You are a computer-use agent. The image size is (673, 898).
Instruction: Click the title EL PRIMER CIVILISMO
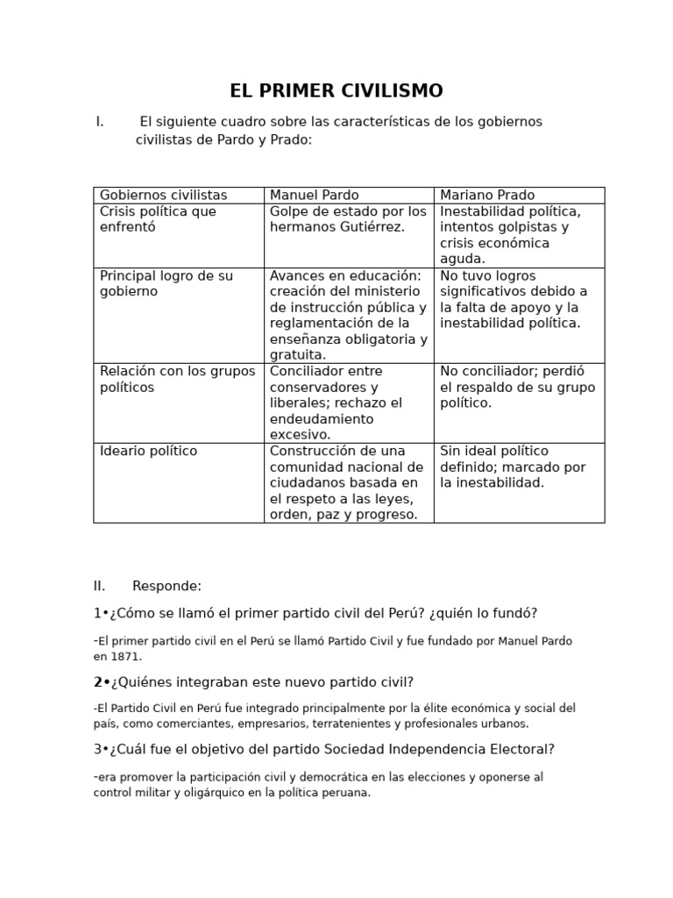pyautogui.click(x=336, y=91)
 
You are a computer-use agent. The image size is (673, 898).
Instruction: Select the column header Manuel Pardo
pyautogui.click(x=314, y=196)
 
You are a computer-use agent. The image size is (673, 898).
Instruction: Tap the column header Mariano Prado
pyautogui.click(x=486, y=196)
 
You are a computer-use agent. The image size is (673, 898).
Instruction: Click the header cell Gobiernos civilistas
pyautogui.click(x=163, y=196)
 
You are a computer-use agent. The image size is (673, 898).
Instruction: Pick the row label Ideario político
pyautogui.click(x=148, y=452)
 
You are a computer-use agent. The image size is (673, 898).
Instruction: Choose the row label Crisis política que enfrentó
pyautogui.click(x=158, y=219)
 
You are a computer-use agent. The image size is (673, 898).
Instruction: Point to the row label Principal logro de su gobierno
pyautogui.click(x=166, y=283)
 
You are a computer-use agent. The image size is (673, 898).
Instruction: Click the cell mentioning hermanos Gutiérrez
pyautogui.click(x=348, y=219)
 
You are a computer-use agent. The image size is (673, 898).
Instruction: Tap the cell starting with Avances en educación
pyautogui.click(x=348, y=315)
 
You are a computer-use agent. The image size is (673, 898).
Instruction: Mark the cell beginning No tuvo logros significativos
pyautogui.click(x=518, y=299)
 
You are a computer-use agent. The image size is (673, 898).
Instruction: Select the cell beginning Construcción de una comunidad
pyautogui.click(x=347, y=482)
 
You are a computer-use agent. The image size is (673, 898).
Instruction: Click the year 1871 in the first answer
pyautogui.click(x=125, y=656)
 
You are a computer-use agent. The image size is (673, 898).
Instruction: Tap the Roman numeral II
pyautogui.click(x=99, y=586)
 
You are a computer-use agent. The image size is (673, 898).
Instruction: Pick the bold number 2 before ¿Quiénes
pyautogui.click(x=97, y=682)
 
